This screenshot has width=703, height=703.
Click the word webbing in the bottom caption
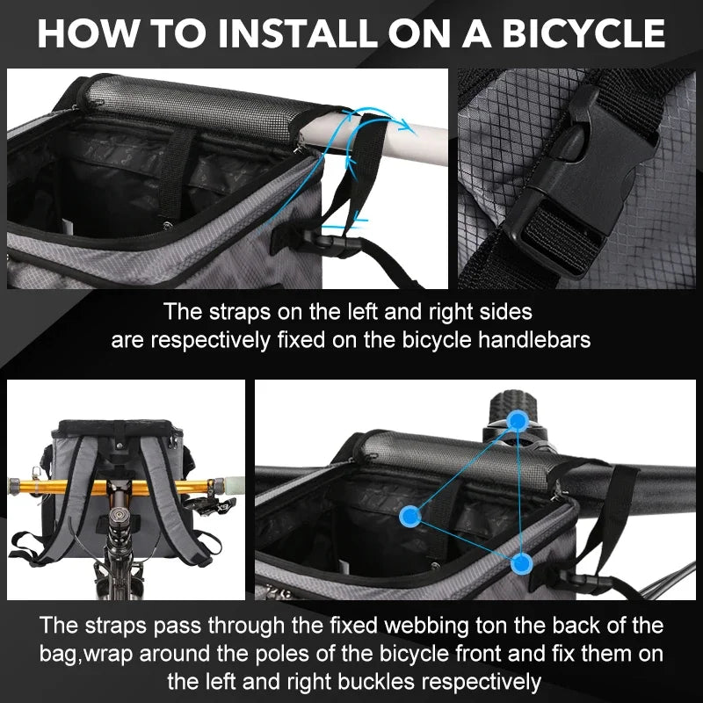coord(426,626)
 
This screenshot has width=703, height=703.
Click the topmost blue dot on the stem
coord(518,421)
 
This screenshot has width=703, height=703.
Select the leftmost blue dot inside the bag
coord(410,516)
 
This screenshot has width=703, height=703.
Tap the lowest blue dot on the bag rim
coord(521,563)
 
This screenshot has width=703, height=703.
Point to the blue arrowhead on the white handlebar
coord(407,126)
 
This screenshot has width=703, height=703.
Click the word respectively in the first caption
coord(210,340)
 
